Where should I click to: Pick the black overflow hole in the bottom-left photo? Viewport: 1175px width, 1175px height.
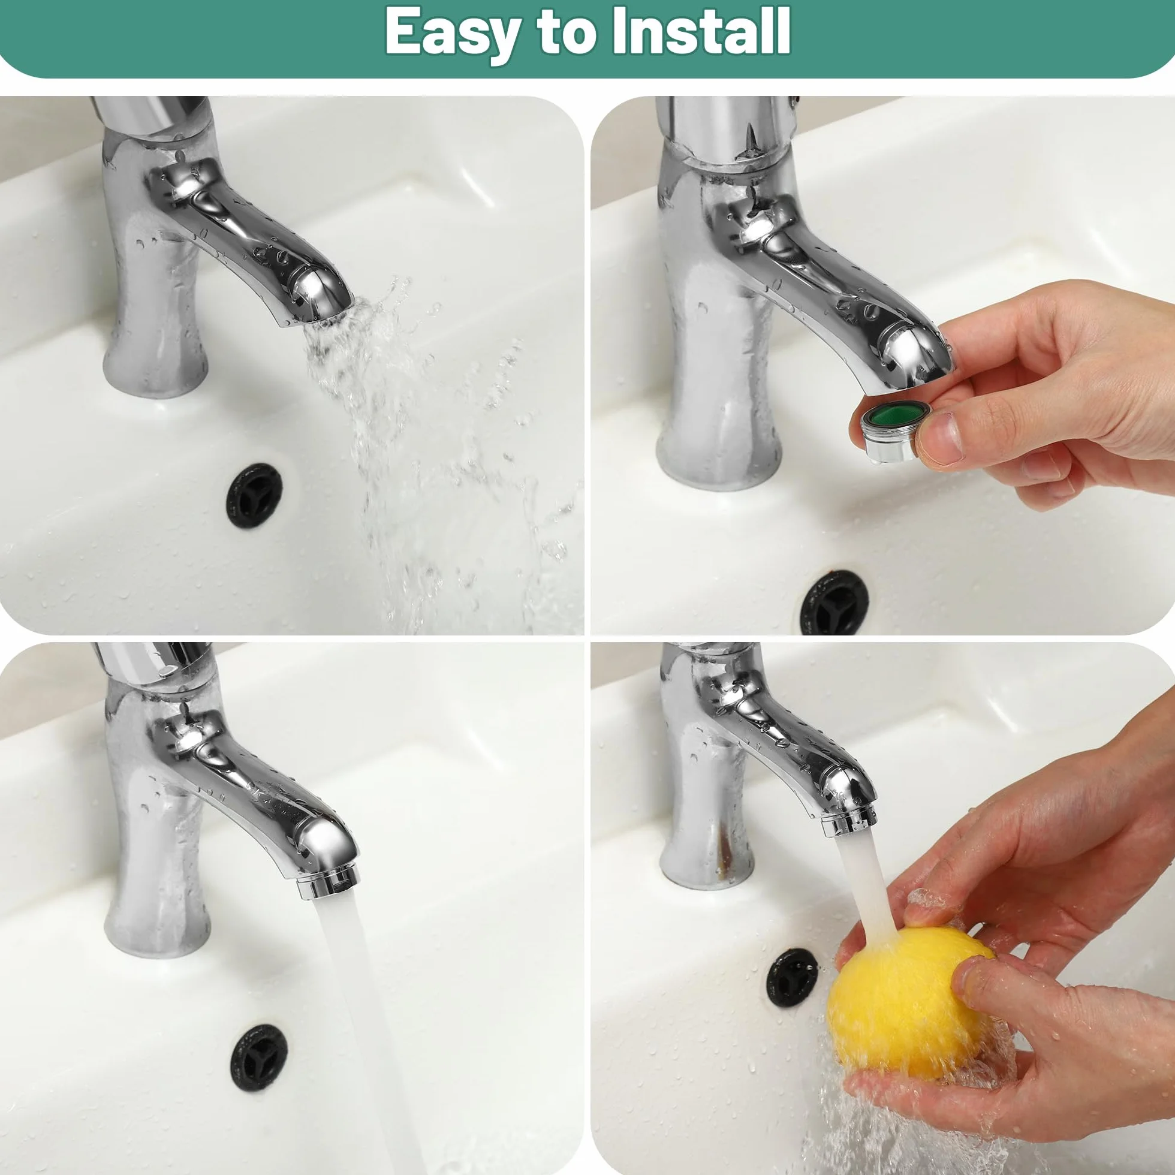pyautogui.click(x=258, y=1058)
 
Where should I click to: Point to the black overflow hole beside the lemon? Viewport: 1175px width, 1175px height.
pyautogui.click(x=792, y=977)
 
